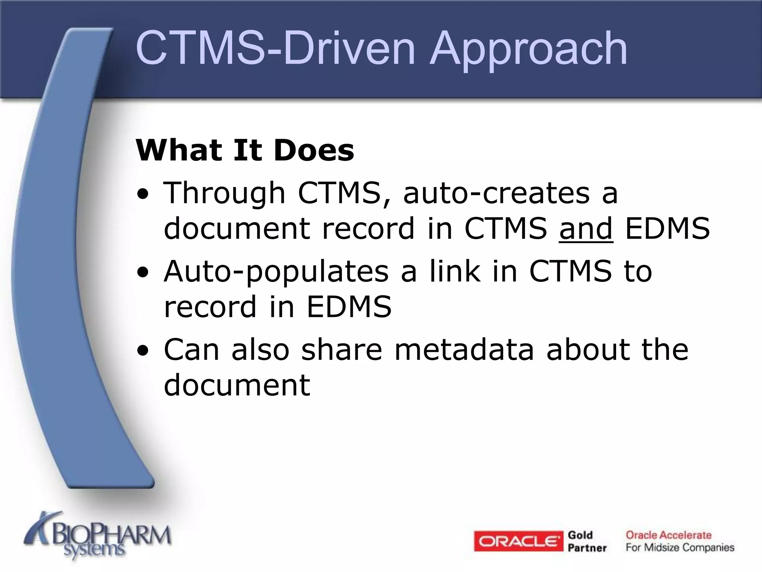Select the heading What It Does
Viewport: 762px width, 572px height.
coord(245,150)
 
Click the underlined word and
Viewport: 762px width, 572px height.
coord(586,229)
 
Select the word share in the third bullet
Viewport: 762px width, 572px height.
coord(342,350)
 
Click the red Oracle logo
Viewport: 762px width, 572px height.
coord(518,541)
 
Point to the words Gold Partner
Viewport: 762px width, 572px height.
coord(587,541)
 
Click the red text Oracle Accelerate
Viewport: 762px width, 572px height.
coord(668,535)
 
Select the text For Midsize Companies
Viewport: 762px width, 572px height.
coord(680,547)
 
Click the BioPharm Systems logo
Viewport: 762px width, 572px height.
coord(97,537)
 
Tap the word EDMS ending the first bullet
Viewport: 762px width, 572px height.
coord(667,229)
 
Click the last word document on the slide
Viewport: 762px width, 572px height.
coord(237,385)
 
